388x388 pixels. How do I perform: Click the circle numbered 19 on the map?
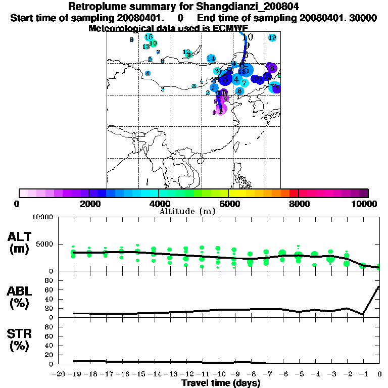click(x=272, y=38)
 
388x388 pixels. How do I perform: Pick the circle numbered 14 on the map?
click(x=211, y=58)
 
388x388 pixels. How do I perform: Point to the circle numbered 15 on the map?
click(x=149, y=37)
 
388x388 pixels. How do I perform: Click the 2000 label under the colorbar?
click(x=88, y=204)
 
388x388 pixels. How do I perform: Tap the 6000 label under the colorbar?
click(x=228, y=204)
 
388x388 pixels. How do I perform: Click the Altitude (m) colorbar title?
click(x=187, y=211)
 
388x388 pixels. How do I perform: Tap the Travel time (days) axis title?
click(x=221, y=383)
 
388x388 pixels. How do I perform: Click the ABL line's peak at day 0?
click(x=379, y=287)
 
